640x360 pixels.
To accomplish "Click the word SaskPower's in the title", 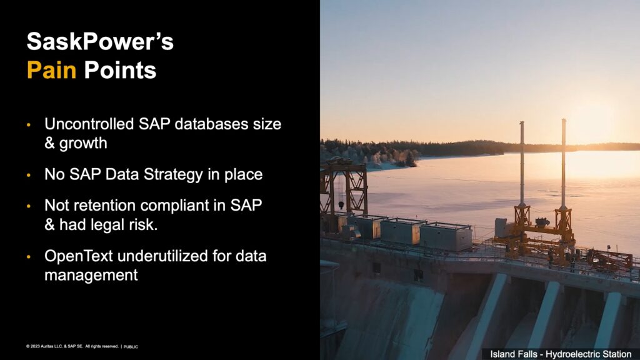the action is pos(100,42).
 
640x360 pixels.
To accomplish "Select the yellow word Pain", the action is pos(51,70).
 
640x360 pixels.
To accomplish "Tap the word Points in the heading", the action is pos(120,70).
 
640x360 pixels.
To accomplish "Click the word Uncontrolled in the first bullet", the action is pos(89,124).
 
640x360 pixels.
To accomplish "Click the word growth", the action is pos(83,144).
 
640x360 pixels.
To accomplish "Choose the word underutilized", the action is pos(162,256).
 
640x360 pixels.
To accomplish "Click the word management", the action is pos(91,276).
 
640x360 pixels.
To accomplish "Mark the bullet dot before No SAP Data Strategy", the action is pos(29,176).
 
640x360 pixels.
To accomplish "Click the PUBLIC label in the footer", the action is pos(131,346).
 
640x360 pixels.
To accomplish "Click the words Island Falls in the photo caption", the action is pos(514,354).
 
